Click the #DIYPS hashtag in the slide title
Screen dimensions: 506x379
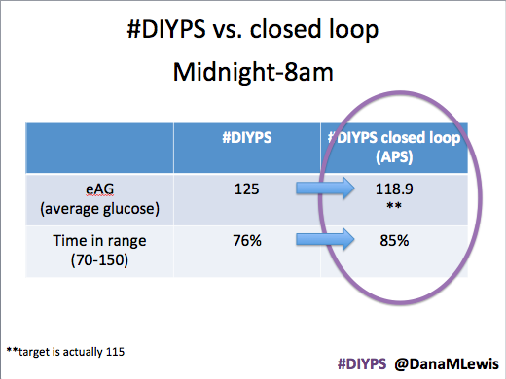coord(166,29)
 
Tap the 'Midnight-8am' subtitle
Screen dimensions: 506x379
coord(253,72)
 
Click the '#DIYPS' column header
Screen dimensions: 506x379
coord(247,138)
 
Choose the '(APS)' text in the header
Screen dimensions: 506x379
coord(394,157)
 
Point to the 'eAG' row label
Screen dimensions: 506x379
coord(99,189)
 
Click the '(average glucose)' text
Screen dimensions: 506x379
coord(99,209)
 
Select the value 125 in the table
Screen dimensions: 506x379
coord(247,189)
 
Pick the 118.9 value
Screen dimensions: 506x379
coord(394,189)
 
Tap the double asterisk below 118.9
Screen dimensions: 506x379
coord(394,205)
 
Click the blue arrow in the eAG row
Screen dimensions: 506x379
coord(325,188)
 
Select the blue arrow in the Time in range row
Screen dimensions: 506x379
coord(325,239)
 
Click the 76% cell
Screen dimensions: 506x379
coord(247,241)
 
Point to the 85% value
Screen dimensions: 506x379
coord(394,241)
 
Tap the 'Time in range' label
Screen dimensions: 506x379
coord(99,241)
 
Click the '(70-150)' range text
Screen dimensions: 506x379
coord(99,260)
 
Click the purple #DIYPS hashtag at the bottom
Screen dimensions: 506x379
coord(362,364)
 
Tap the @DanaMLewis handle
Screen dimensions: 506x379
coord(447,364)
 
